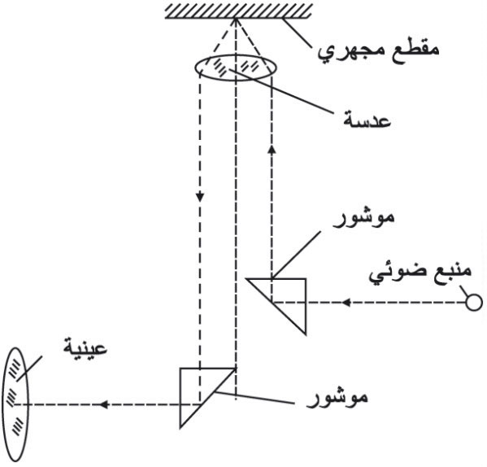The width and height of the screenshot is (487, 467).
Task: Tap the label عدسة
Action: [x=367, y=120]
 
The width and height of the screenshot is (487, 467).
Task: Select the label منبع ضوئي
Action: [x=420, y=273]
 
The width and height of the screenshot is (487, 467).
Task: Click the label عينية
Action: [x=85, y=347]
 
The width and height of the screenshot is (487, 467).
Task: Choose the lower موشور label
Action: [x=337, y=398]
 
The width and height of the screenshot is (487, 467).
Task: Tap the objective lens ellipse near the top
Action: [x=235, y=55]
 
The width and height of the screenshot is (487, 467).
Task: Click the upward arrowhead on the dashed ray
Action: [x=272, y=149]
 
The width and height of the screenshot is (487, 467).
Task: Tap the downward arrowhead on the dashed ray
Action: [x=200, y=197]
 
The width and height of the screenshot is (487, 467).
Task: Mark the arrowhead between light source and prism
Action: [x=346, y=303]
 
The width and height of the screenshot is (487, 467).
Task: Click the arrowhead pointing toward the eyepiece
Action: [x=103, y=404]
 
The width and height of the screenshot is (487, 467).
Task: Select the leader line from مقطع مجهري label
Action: [x=297, y=33]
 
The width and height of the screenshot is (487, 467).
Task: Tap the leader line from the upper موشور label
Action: [x=296, y=255]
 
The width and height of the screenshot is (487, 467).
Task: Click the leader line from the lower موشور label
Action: [x=254, y=398]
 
